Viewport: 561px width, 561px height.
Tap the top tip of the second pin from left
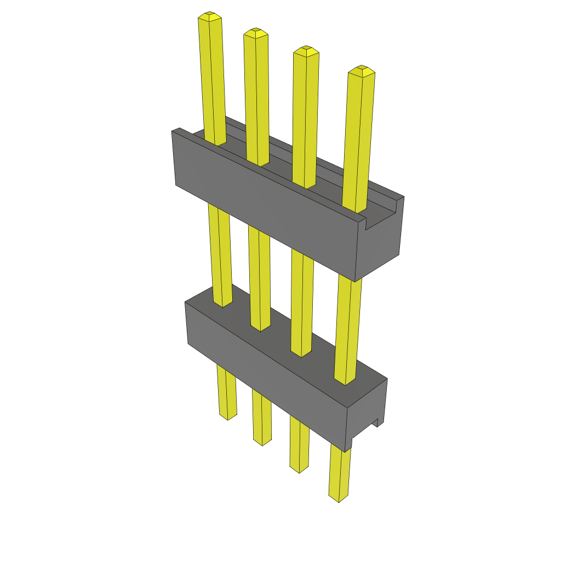tap(256, 32)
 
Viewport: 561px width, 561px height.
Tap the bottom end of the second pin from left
tap(262, 442)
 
